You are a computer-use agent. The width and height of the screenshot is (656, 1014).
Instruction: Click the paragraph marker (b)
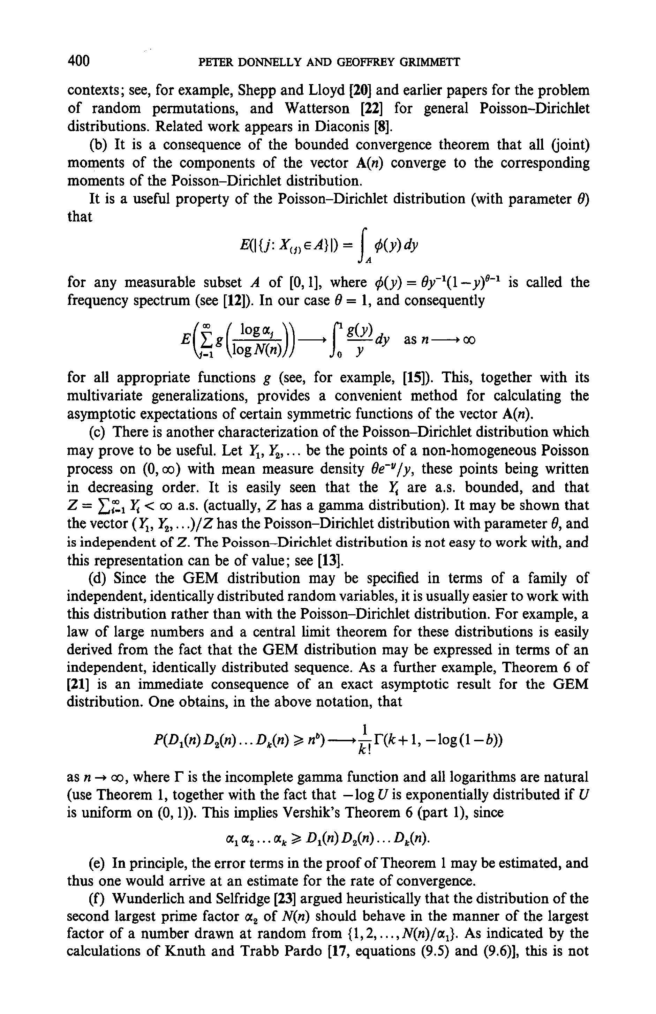[x=98, y=145]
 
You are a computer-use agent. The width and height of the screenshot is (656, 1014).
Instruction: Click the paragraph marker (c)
[x=98, y=433]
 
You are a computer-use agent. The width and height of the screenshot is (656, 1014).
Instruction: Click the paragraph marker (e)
[x=98, y=864]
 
